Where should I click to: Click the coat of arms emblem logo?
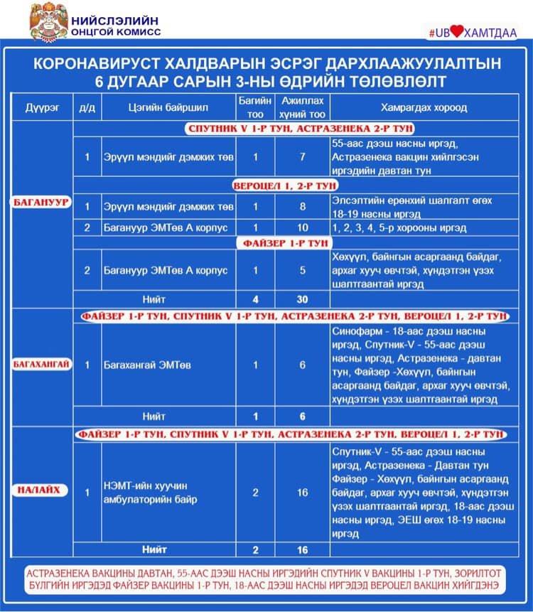click(x=48, y=21)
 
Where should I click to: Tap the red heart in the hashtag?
click(x=456, y=32)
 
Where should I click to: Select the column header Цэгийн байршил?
click(x=168, y=108)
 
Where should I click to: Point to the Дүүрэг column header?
click(x=41, y=108)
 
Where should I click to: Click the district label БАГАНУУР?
click(x=41, y=203)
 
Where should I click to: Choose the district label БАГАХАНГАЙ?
click(x=41, y=365)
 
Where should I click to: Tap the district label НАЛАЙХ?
click(x=41, y=490)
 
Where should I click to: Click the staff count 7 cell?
click(x=302, y=156)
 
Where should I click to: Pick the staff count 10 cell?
click(x=302, y=228)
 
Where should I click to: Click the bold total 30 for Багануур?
click(x=302, y=299)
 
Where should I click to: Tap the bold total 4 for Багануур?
click(x=255, y=299)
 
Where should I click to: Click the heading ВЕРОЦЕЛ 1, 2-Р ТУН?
click(x=284, y=186)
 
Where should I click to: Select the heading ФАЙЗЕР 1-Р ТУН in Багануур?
click(x=285, y=243)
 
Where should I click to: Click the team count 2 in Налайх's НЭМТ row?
click(x=255, y=492)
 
